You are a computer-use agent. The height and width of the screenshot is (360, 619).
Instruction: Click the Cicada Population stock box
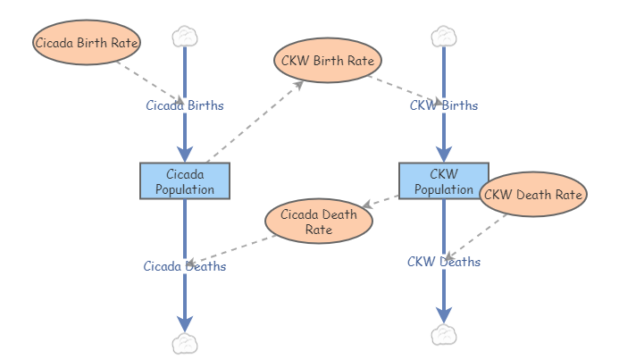click(185, 180)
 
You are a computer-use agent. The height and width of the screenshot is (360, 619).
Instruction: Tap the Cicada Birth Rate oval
click(88, 41)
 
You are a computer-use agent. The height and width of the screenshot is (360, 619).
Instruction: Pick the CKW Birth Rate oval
click(328, 61)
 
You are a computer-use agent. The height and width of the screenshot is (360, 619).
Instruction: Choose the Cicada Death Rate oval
click(318, 222)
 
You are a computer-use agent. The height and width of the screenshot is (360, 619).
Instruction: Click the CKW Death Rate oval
click(533, 194)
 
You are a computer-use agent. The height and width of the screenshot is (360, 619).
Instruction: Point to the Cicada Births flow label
click(185, 105)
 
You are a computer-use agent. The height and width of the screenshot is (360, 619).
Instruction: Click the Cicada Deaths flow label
click(185, 266)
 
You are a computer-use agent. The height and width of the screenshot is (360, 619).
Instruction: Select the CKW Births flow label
click(444, 105)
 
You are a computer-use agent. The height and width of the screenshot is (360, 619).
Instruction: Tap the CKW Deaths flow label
click(444, 262)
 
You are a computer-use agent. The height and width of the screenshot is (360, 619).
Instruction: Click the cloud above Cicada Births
click(184, 37)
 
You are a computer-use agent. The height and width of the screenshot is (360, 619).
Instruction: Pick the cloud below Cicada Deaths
click(184, 343)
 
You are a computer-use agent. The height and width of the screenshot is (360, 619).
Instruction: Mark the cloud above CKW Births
click(444, 37)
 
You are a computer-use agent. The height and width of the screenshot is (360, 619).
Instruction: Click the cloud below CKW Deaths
click(444, 335)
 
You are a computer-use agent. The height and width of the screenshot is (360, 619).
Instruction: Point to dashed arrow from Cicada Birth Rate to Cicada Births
click(147, 79)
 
